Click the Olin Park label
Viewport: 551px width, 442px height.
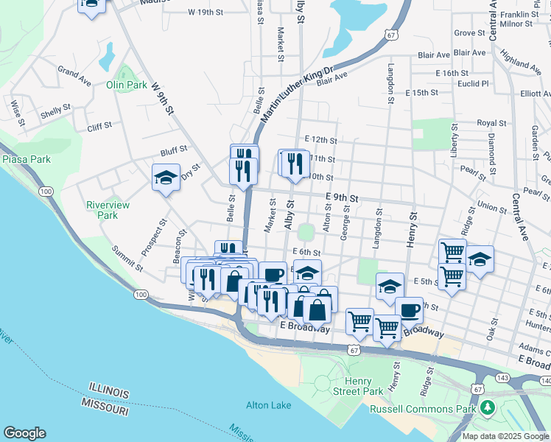(x=127, y=85)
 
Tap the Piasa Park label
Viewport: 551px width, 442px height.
(x=26, y=158)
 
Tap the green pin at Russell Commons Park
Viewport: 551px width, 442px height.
(x=486, y=407)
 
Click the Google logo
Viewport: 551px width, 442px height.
(x=24, y=433)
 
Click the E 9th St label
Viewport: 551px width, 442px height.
(x=342, y=198)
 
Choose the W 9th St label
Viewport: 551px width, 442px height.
(x=163, y=99)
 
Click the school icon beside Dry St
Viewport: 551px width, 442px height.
(x=166, y=177)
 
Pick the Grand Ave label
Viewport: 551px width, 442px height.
(x=74, y=77)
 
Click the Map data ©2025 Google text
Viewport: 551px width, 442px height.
(x=505, y=436)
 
